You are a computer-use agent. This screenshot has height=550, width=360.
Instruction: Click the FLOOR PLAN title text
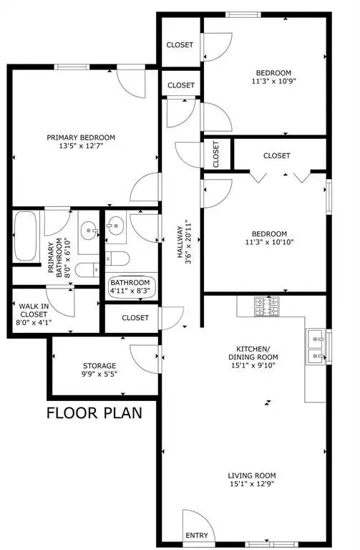(94, 412)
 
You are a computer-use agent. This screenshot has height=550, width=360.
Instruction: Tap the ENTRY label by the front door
(197, 535)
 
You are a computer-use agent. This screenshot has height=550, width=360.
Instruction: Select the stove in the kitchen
(266, 307)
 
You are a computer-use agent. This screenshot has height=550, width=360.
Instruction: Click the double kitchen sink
(316, 345)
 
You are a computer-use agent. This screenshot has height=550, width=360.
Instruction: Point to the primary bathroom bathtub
(26, 236)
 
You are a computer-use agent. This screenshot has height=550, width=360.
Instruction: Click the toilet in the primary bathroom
(87, 270)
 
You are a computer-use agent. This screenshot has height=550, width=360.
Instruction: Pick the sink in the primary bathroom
(89, 231)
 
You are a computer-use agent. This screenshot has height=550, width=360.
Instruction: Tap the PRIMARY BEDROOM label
(81, 137)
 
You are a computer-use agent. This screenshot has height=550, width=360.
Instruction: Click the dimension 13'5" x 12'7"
(81, 146)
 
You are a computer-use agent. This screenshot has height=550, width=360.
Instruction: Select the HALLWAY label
(180, 242)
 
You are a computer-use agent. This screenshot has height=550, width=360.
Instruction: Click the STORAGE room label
(99, 366)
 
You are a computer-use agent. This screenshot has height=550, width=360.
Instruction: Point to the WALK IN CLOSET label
(34, 310)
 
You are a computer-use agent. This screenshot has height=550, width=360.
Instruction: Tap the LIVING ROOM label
(252, 476)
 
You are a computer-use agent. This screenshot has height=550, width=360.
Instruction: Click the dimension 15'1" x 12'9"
(252, 484)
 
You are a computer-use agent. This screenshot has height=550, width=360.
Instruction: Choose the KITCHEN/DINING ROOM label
(253, 353)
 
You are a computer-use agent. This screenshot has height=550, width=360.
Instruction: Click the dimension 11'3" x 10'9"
(274, 82)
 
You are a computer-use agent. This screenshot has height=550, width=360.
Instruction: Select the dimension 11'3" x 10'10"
(269, 242)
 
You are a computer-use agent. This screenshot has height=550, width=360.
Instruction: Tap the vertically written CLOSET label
(215, 155)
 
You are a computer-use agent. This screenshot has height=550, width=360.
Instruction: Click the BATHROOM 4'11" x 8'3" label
(130, 286)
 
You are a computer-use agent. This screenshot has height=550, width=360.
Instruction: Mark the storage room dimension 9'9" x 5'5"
(99, 375)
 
